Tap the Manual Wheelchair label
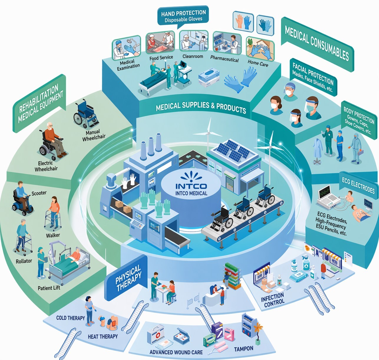pos(93,135)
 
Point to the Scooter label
pos(39,193)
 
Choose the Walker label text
pos(53,235)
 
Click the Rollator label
pos(24,261)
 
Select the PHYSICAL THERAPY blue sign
pos(128,278)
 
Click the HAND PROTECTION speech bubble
pos(183,16)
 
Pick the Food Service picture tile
pos(160,43)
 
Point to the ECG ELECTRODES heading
pos(358,186)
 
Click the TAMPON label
pos(244,349)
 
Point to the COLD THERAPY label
pos(70,318)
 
